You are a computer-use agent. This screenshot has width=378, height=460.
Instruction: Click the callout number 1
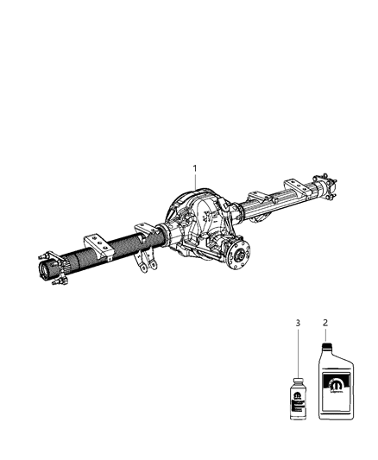tap(195, 168)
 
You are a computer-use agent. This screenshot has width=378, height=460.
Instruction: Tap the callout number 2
tap(326, 324)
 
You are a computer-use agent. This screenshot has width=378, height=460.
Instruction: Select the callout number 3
tap(298, 324)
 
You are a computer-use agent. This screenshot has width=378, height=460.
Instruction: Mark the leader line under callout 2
tap(326, 336)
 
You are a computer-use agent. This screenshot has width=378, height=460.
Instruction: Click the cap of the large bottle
tap(326, 348)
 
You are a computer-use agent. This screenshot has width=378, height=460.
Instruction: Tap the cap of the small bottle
tap(299, 380)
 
